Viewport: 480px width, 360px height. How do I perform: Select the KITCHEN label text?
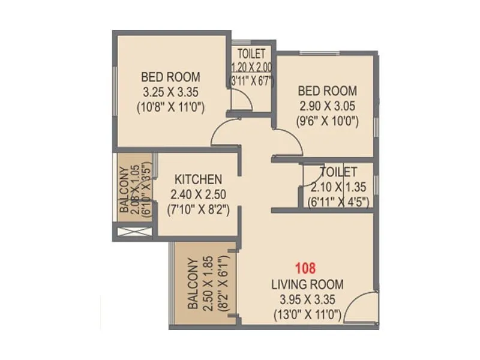point(199,179)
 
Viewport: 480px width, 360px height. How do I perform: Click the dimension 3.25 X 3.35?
point(170,92)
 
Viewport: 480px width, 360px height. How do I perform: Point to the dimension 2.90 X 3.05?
point(328,106)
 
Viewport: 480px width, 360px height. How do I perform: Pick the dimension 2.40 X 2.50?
point(199,194)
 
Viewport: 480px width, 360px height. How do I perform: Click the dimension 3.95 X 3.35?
point(305,299)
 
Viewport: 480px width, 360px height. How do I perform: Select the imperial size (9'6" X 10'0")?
point(328,121)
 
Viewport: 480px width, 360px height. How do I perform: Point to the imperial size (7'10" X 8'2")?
point(199,209)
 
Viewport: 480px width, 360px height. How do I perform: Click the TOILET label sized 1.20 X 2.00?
point(251,54)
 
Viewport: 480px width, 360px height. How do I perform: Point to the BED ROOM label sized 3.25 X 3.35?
point(170,77)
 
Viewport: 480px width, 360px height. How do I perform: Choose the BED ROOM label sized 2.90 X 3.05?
point(328,91)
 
